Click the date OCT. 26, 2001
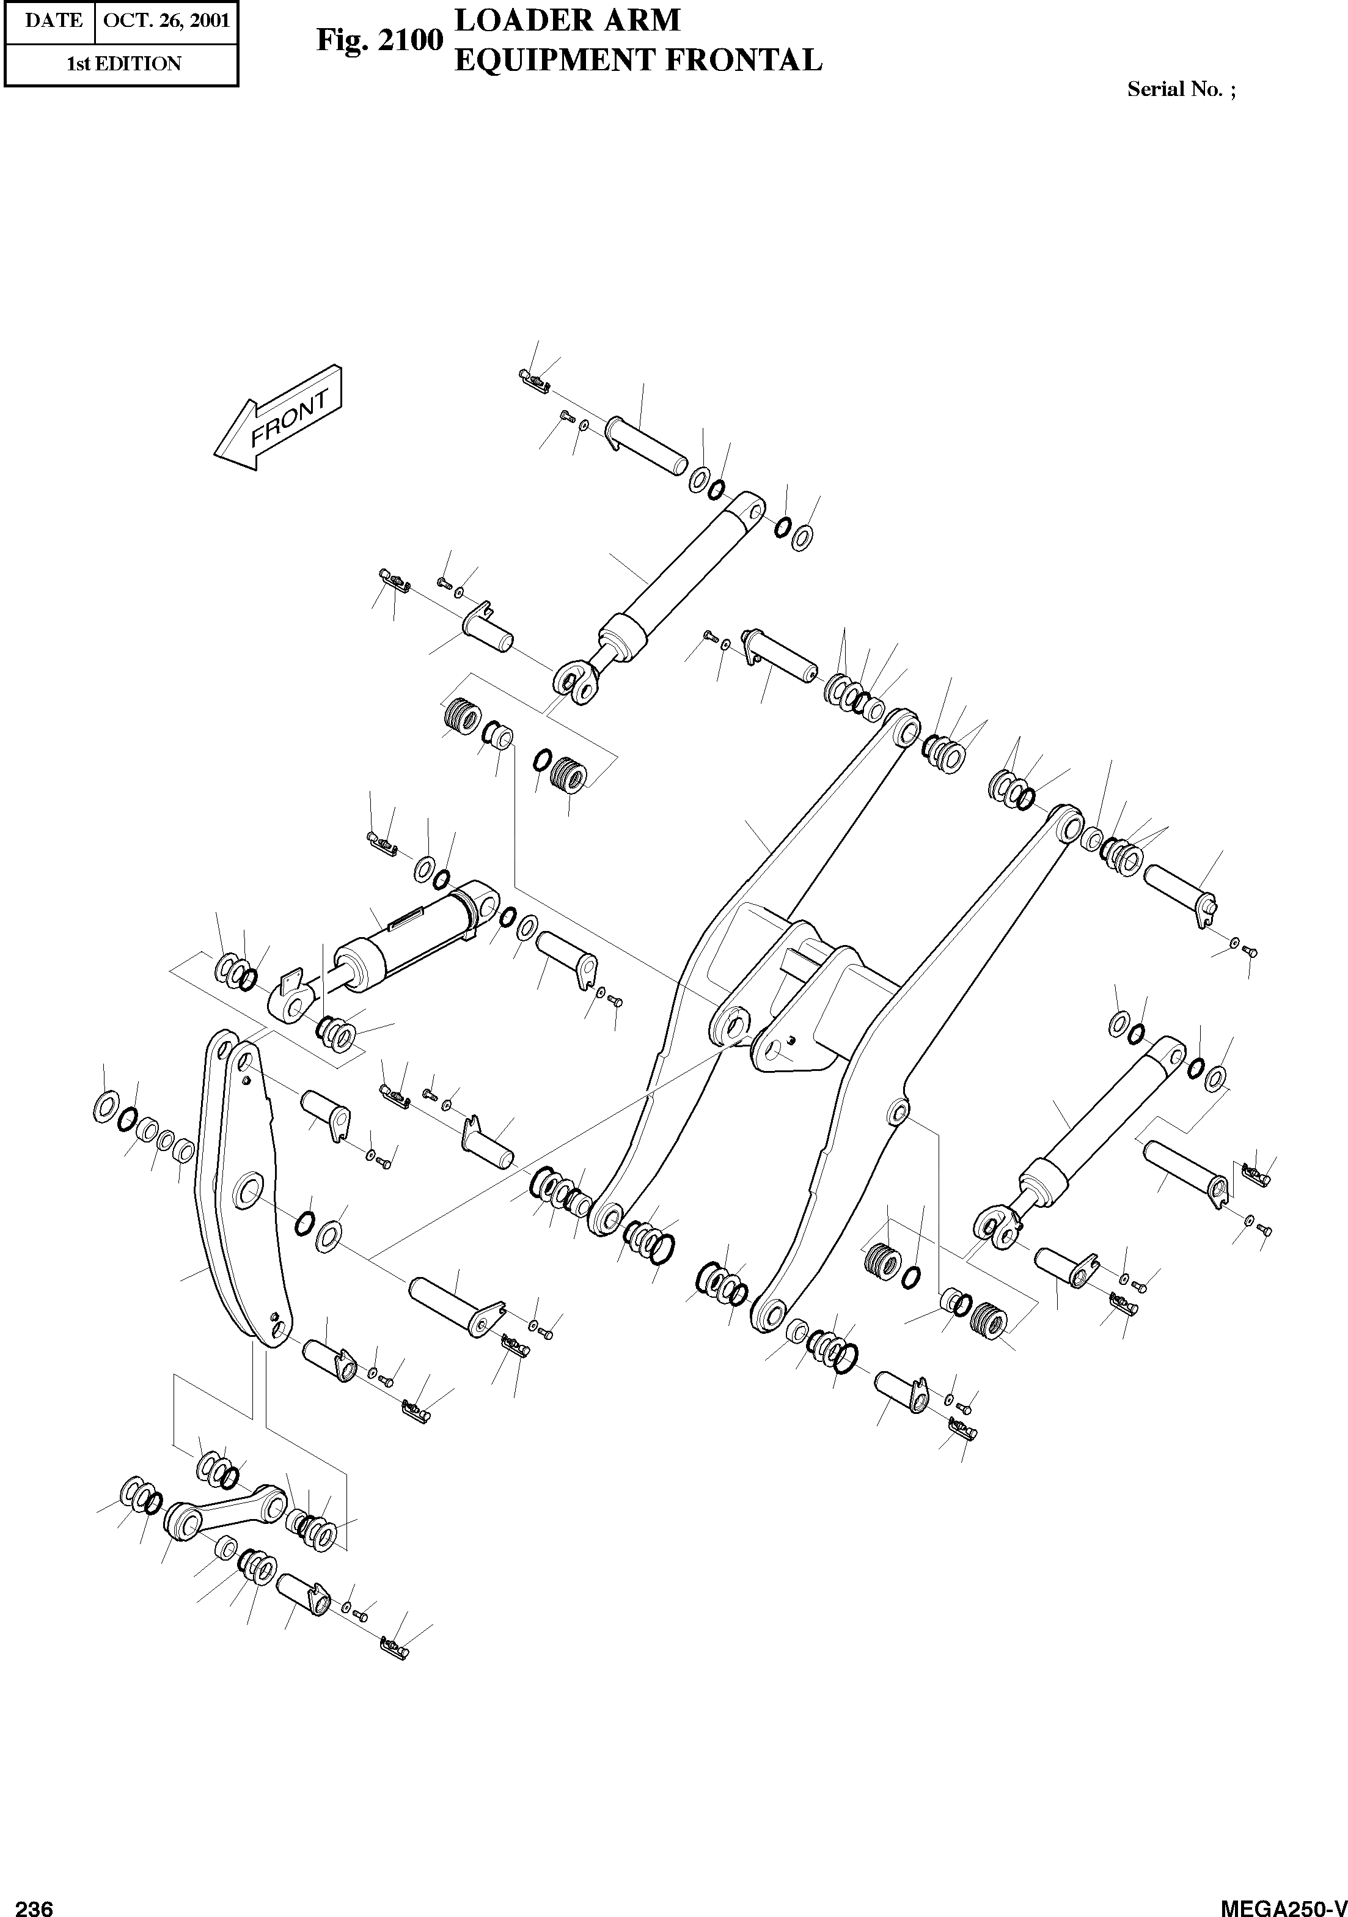point(166,20)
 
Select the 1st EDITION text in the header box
point(123,64)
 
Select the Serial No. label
point(1180,89)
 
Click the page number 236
point(34,1905)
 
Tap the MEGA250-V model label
point(1283,1905)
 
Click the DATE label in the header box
point(53,20)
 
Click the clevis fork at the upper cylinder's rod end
point(577,679)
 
